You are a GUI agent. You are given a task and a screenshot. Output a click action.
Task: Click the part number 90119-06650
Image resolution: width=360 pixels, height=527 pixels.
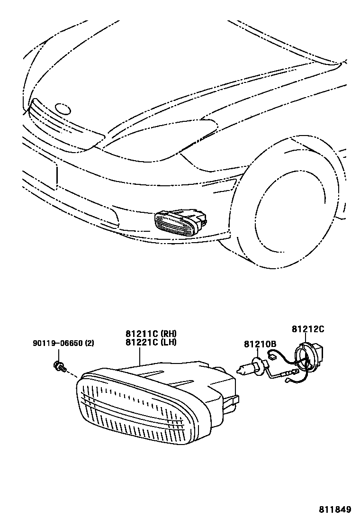click(57, 343)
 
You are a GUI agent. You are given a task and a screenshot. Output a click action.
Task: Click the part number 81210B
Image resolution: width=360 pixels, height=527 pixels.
click(260, 344)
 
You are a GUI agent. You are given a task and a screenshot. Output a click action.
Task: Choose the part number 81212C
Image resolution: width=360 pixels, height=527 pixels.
click(307, 328)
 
